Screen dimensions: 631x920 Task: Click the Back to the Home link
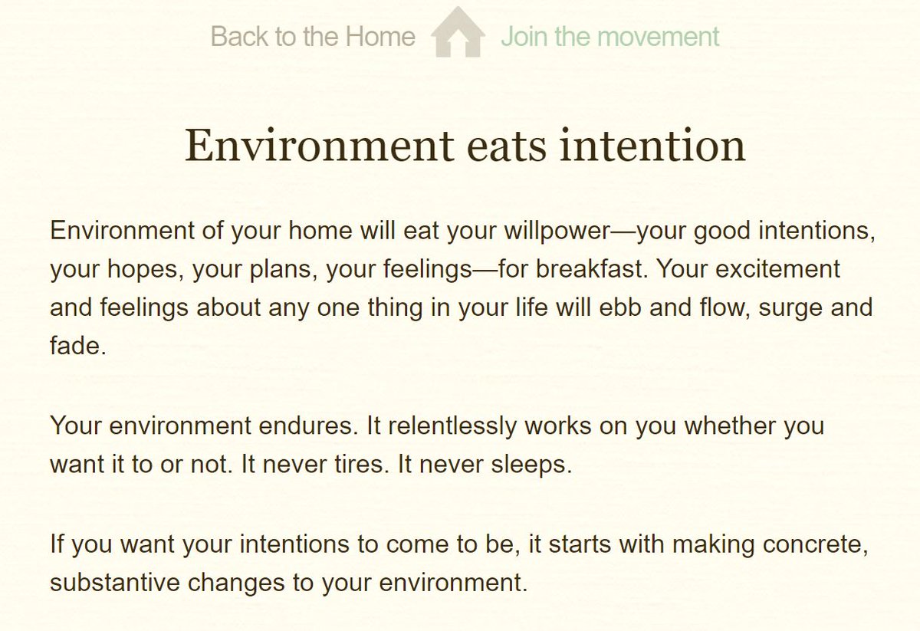click(x=313, y=36)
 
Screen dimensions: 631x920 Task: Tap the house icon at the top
click(x=458, y=32)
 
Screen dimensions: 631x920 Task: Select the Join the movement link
click(x=610, y=36)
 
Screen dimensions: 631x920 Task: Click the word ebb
click(x=615, y=307)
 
